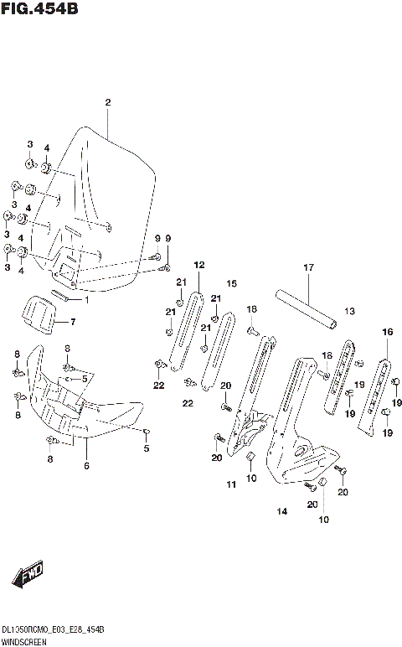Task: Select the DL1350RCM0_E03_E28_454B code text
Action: click(x=52, y=629)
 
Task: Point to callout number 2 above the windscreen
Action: click(x=107, y=102)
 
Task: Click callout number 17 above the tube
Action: click(x=307, y=267)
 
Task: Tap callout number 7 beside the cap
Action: click(x=72, y=322)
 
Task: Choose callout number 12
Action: click(x=198, y=265)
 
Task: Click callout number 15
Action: click(x=232, y=283)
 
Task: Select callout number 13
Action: click(x=349, y=311)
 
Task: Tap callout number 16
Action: click(x=387, y=332)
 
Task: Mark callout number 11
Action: click(x=231, y=484)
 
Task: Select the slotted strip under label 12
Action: click(x=186, y=331)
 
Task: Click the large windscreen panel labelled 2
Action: click(x=117, y=201)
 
